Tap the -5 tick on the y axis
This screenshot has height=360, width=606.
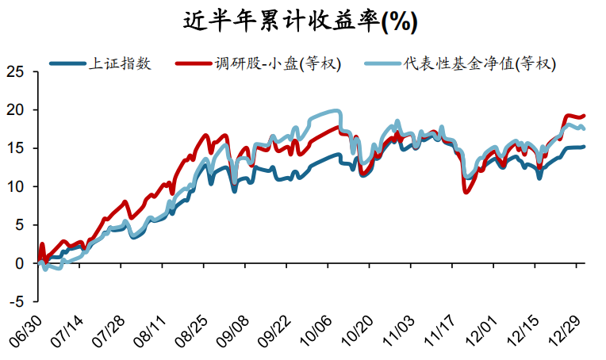(16, 301)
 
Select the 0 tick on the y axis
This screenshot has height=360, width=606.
(20, 263)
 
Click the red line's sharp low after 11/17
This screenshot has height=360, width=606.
(466, 192)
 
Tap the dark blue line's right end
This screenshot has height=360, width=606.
(585, 147)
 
